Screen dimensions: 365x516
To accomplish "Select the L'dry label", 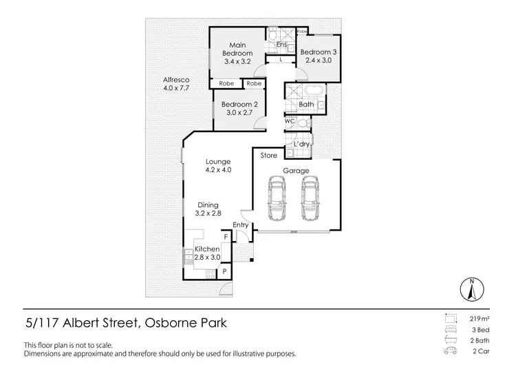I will pyautogui.click(x=301, y=143).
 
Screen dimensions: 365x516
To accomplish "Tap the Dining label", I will pyautogui.click(x=208, y=205).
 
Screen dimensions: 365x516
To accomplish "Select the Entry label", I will pyautogui.click(x=241, y=225).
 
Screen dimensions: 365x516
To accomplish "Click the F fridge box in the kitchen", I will pyautogui.click(x=226, y=238).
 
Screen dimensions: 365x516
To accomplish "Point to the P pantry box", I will pyautogui.click(x=224, y=273).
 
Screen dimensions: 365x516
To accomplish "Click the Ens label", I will pyautogui.click(x=281, y=45).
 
